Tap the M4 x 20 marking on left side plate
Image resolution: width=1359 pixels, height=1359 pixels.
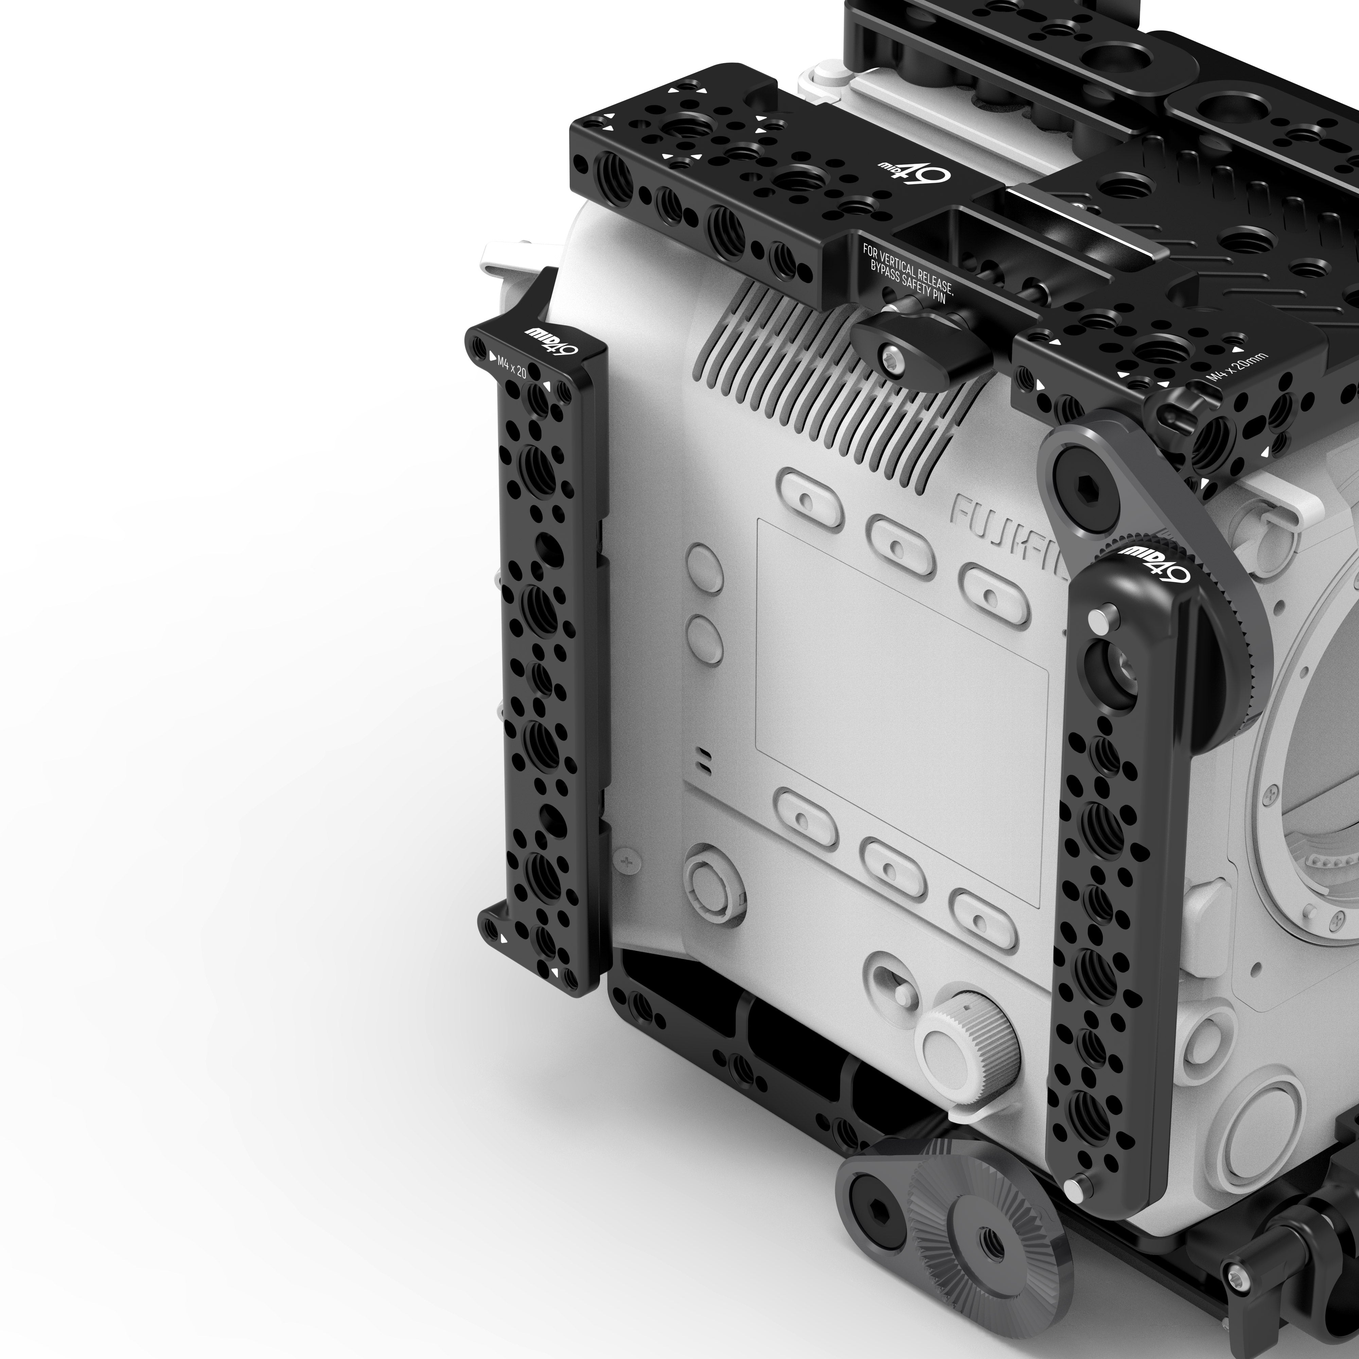[511, 366]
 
